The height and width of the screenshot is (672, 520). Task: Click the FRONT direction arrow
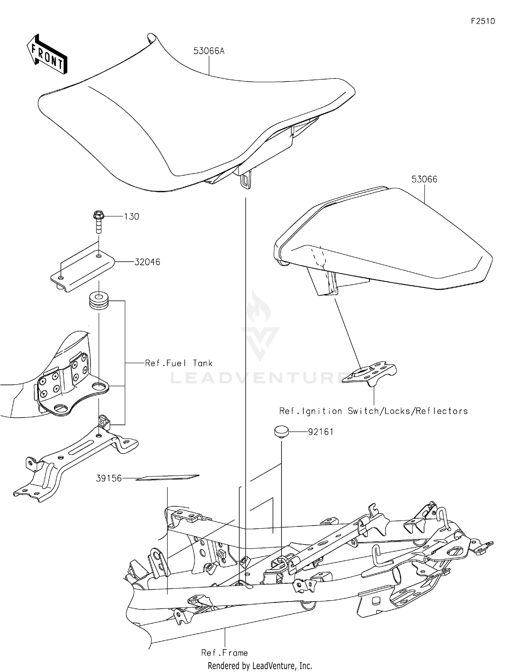point(47,54)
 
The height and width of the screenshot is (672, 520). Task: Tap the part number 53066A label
point(209,51)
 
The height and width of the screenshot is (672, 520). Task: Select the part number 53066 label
point(424,179)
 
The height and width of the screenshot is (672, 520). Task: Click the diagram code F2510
point(483,21)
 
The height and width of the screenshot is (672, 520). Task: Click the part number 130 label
point(131,217)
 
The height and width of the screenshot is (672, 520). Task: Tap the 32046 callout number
point(147,262)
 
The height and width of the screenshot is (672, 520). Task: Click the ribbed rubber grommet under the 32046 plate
point(99,300)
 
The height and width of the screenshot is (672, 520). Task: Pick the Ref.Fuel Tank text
point(179,363)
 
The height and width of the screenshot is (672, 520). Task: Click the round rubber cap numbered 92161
point(281,432)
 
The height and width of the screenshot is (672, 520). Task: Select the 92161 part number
point(321,432)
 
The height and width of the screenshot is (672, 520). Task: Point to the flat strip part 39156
point(167,477)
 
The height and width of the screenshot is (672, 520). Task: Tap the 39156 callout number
point(109,479)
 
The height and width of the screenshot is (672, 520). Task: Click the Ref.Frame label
point(224,653)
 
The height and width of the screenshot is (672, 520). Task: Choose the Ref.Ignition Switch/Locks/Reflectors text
point(373,411)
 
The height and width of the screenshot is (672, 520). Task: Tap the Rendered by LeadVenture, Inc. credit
point(260,666)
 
